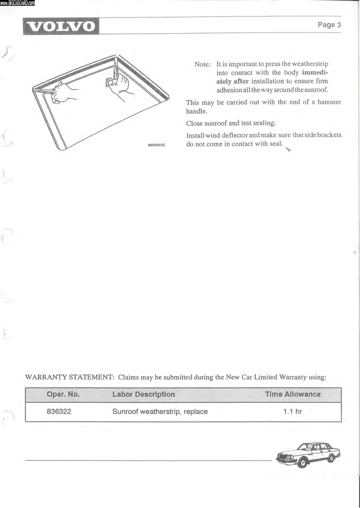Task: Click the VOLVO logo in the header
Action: click(x=61, y=26)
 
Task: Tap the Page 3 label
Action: click(x=329, y=25)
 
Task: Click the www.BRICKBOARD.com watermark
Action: click(x=17, y=3)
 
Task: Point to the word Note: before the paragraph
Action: click(x=202, y=64)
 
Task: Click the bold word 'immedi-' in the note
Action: click(x=315, y=72)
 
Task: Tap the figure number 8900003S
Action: click(x=156, y=145)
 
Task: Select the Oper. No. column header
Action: click(x=63, y=394)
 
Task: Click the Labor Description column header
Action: click(x=144, y=394)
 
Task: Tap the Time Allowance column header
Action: click(x=293, y=394)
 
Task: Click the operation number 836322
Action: click(x=59, y=411)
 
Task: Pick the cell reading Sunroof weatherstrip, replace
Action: click(x=160, y=411)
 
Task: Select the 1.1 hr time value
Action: click(x=292, y=411)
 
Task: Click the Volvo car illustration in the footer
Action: click(x=308, y=454)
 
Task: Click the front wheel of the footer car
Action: click(x=303, y=463)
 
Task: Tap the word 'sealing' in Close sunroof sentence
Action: click(x=264, y=123)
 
